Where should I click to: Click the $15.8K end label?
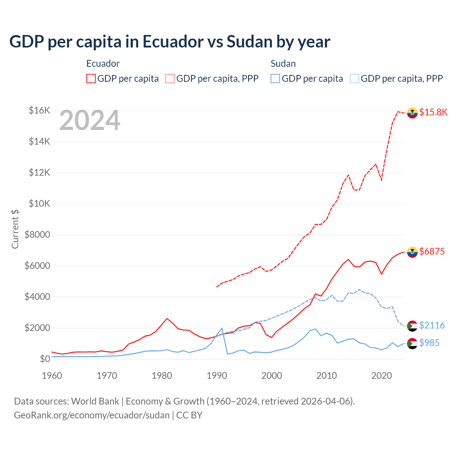click(x=433, y=112)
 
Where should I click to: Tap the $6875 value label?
click(x=432, y=251)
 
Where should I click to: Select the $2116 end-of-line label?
click(x=432, y=325)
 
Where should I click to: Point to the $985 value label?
click(x=429, y=343)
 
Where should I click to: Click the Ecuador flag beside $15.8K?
click(x=412, y=112)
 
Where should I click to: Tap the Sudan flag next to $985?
click(x=412, y=343)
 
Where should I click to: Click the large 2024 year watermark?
click(x=90, y=121)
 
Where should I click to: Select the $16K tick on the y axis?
click(x=39, y=110)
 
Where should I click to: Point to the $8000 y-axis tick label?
click(x=37, y=235)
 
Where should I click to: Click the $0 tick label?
click(x=45, y=359)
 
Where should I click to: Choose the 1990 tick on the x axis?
click(x=217, y=376)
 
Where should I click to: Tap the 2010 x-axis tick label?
click(x=327, y=376)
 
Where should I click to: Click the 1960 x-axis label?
click(x=52, y=376)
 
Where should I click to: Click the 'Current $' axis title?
click(x=15, y=229)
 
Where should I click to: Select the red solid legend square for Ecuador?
click(x=91, y=79)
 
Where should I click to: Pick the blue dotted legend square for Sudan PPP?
click(x=355, y=79)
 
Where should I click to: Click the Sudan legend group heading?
click(x=283, y=64)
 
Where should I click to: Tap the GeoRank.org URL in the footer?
click(x=92, y=415)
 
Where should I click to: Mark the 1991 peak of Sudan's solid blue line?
click(x=222, y=328)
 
